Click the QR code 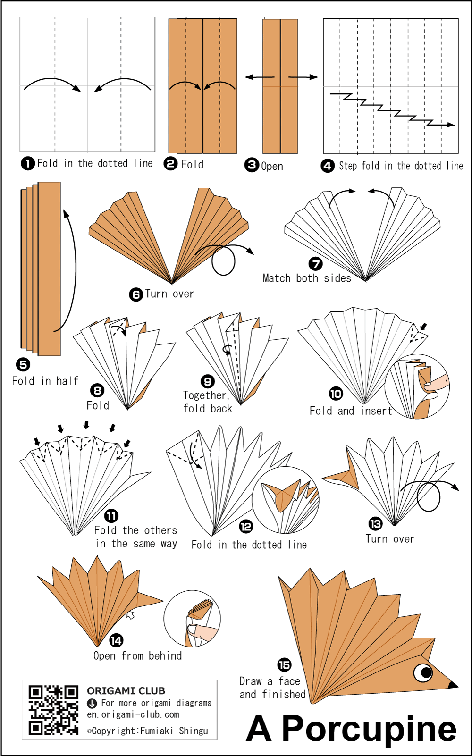(x=53, y=710)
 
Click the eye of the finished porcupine (x=423, y=672)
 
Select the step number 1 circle (x=28, y=163)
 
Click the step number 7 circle (x=315, y=264)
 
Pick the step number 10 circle (x=336, y=394)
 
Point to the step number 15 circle (x=284, y=665)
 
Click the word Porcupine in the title (x=369, y=729)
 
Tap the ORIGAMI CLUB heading (x=126, y=690)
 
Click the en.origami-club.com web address (x=133, y=714)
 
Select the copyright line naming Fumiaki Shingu (x=147, y=731)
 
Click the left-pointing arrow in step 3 (x=259, y=77)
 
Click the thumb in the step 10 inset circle (x=437, y=383)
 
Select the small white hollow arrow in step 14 (x=131, y=614)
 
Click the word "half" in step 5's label (x=67, y=381)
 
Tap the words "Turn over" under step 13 (x=390, y=538)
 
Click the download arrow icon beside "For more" (x=92, y=703)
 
